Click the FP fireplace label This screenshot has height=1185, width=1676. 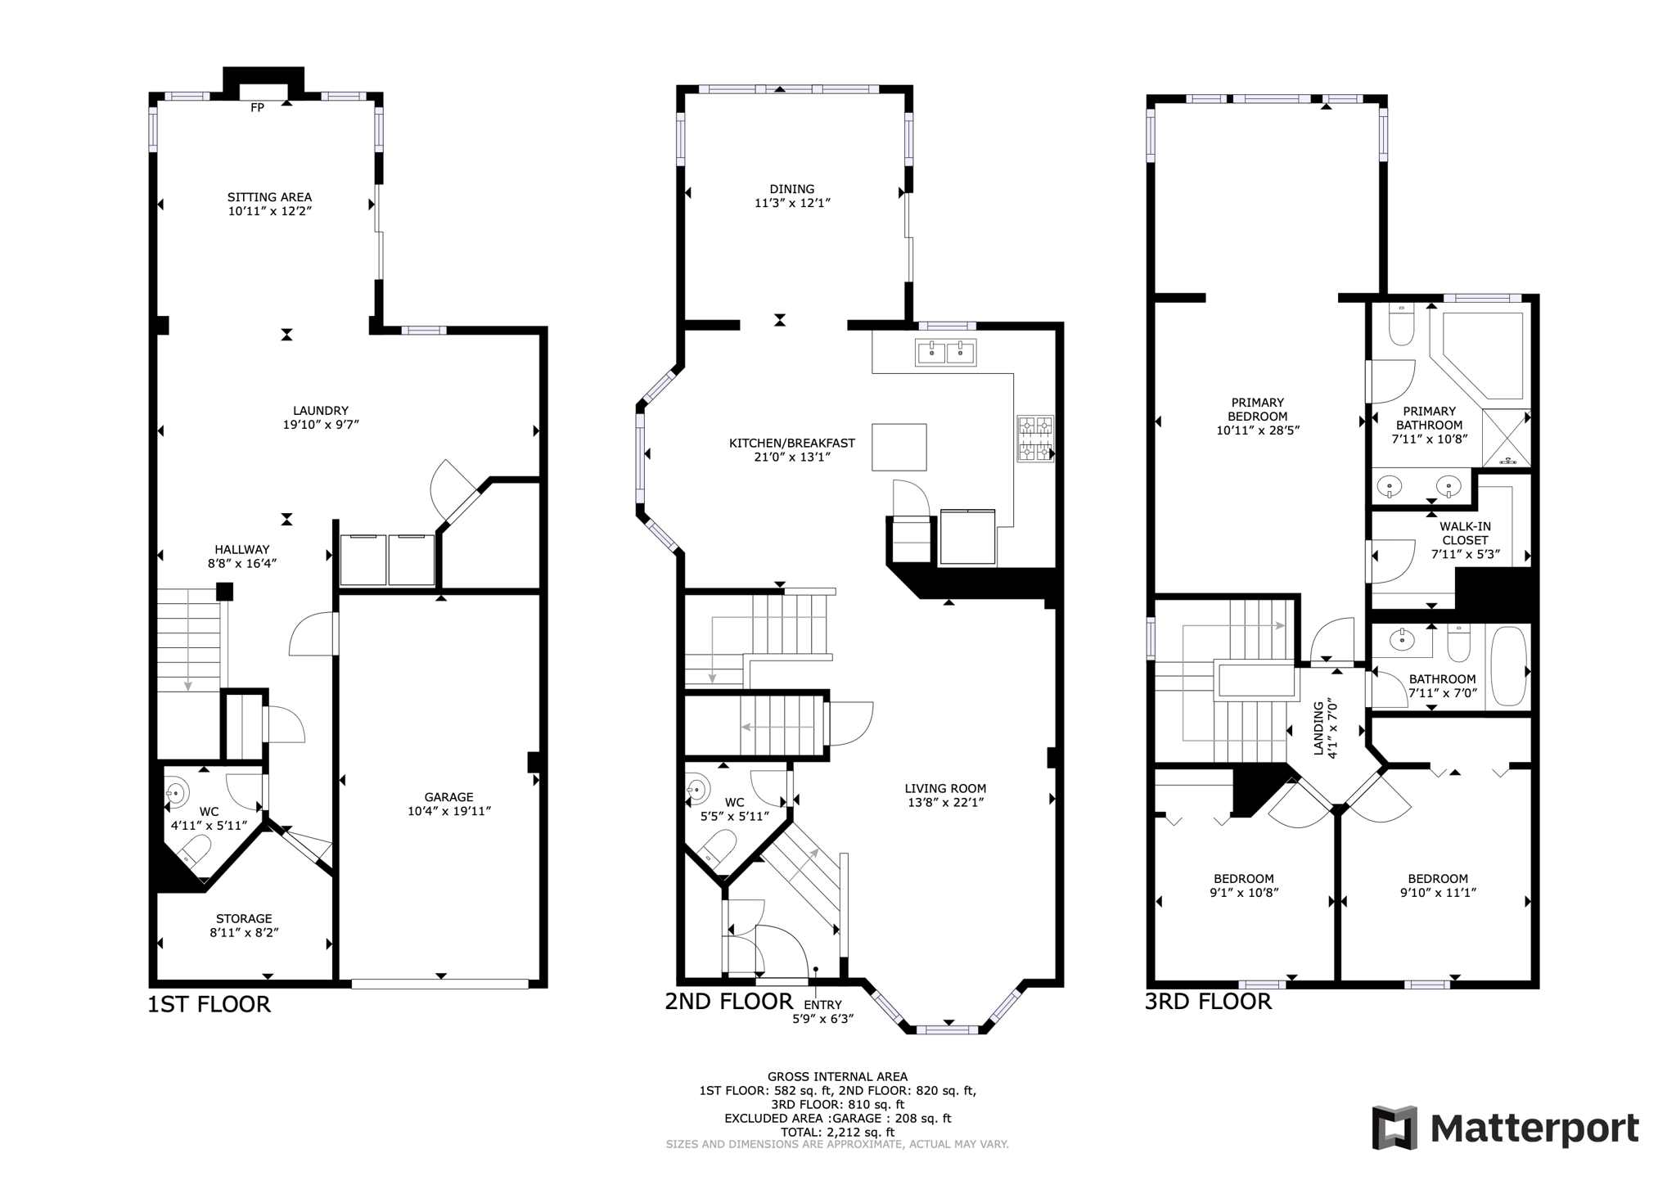pyautogui.click(x=257, y=107)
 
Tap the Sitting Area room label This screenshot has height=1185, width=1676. pyautogui.click(x=269, y=197)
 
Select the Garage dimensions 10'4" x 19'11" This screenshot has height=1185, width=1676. pyautogui.click(x=448, y=811)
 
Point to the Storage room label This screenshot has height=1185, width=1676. pyautogui.click(x=244, y=918)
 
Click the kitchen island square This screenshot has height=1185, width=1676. pyautogui.click(x=899, y=447)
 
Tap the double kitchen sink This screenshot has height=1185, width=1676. pyautogui.click(x=945, y=353)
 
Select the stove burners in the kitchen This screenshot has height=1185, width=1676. pyautogui.click(x=1034, y=439)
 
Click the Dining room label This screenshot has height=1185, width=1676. pyautogui.click(x=791, y=189)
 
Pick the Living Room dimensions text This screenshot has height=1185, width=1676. pyautogui.click(x=945, y=803)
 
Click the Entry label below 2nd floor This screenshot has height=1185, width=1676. pyautogui.click(x=822, y=1005)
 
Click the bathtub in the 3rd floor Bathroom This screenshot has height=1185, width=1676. pyautogui.click(x=1508, y=666)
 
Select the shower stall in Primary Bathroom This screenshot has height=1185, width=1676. pyautogui.click(x=1506, y=437)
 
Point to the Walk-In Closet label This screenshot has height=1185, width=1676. pyautogui.click(x=1465, y=534)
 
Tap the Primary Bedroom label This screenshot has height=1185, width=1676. pyautogui.click(x=1257, y=408)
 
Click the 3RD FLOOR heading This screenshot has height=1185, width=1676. pyautogui.click(x=1208, y=1002)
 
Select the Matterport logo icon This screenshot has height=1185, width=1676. pyautogui.click(x=1394, y=1127)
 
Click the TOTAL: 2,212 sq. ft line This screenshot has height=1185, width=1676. pyautogui.click(x=837, y=1133)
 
